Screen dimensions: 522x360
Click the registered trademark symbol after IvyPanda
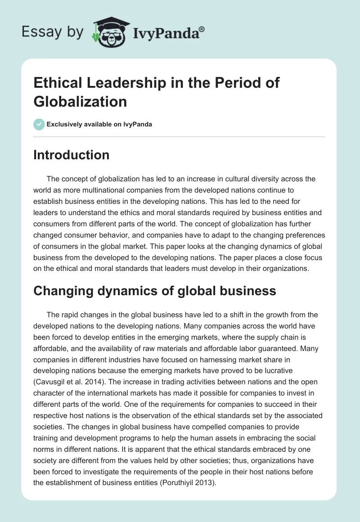coord(202,29)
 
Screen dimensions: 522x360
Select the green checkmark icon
coord(39,124)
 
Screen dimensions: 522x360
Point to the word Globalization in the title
coord(80,101)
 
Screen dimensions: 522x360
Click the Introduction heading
coord(72,155)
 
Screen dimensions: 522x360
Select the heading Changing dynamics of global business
coord(155,291)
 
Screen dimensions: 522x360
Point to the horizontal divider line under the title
coord(180,136)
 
